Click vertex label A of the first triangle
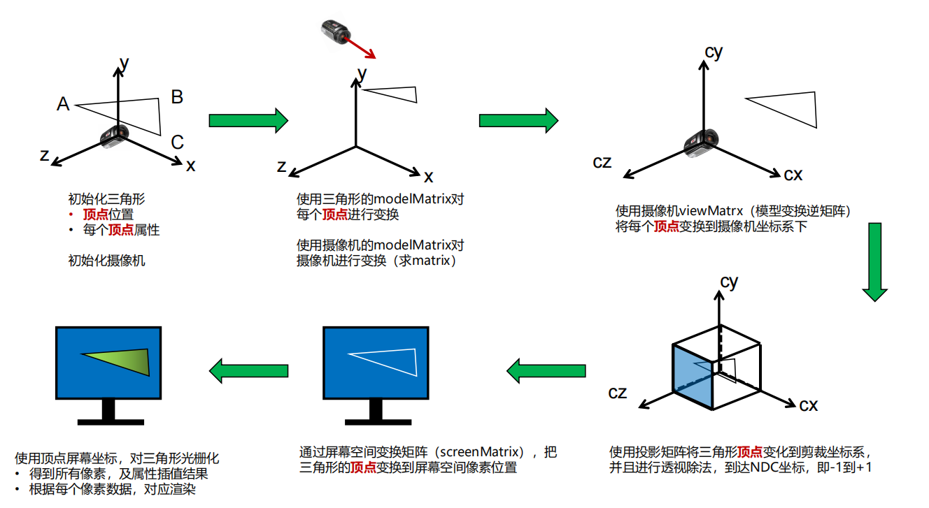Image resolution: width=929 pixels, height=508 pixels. pyautogui.click(x=63, y=104)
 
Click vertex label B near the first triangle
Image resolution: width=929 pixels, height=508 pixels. pyautogui.click(x=177, y=97)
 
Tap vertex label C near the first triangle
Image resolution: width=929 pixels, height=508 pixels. pyautogui.click(x=177, y=143)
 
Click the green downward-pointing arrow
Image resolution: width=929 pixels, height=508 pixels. pyautogui.click(x=874, y=262)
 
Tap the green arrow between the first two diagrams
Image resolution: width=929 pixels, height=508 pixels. pyautogui.click(x=248, y=120)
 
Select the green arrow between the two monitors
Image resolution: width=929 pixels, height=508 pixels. pyautogui.click(x=249, y=370)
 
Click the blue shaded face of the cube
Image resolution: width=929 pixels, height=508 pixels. pyautogui.click(x=692, y=377)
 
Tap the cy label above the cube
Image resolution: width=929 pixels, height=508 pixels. pyautogui.click(x=729, y=282)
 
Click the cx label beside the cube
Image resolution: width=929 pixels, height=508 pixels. pyautogui.click(x=809, y=405)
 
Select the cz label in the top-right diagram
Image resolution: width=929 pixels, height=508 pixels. pyautogui.click(x=602, y=161)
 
